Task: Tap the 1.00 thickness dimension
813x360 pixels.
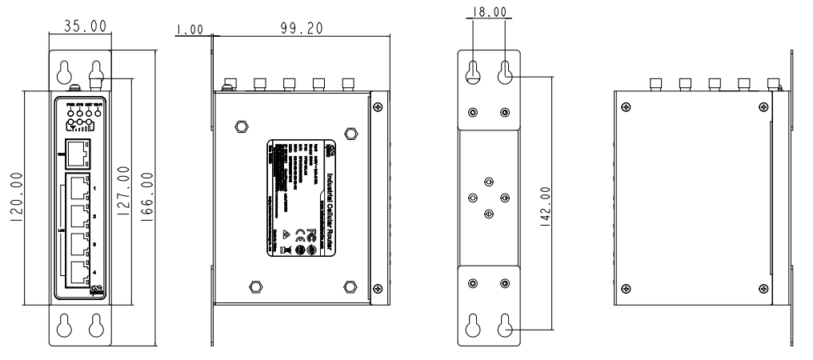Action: coord(190,30)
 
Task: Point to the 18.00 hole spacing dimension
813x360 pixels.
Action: coord(489,13)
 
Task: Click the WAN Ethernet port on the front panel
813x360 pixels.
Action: coord(78,151)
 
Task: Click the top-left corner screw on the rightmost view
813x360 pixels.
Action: coord(625,106)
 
